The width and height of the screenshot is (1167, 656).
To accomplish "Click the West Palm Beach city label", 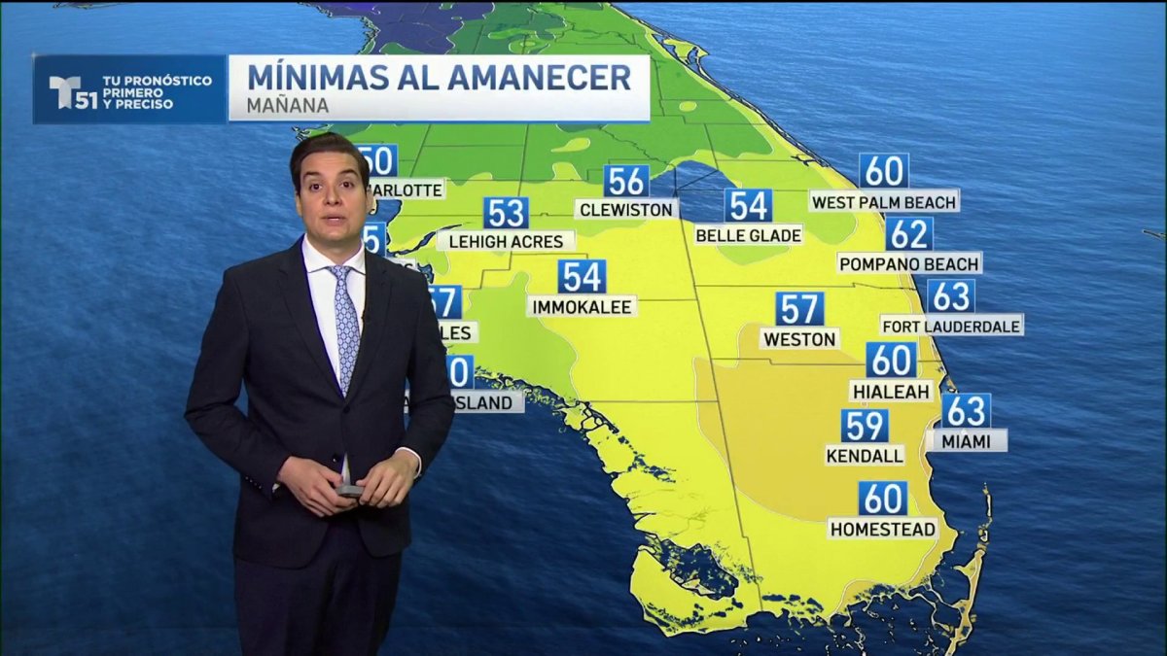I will (x=884, y=202).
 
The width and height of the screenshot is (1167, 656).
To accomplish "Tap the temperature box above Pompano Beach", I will (x=909, y=234).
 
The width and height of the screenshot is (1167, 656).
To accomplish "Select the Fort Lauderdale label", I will (x=951, y=326).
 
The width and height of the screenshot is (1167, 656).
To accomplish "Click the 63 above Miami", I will (x=966, y=410).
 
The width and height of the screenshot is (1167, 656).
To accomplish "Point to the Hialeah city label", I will (x=891, y=391).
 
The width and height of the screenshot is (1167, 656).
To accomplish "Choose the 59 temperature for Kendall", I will (x=865, y=426).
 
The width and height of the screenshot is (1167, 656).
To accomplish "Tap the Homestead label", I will (x=883, y=529).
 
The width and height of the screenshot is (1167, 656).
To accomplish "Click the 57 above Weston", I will (x=799, y=309).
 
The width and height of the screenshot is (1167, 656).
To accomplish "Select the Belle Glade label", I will (x=748, y=235).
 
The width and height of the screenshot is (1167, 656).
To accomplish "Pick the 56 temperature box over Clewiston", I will (x=626, y=182).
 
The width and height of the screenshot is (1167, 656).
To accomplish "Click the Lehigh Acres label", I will (x=505, y=240).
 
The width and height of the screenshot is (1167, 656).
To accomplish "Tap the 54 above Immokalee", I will (x=582, y=277).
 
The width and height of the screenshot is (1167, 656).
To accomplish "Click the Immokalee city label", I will (x=583, y=307).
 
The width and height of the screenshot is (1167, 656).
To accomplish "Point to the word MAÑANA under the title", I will (x=288, y=105).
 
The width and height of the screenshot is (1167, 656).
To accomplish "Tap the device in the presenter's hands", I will (x=349, y=490).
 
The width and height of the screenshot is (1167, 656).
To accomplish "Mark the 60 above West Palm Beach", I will (x=883, y=171).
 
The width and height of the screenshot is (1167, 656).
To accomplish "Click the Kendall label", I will (x=865, y=455).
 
